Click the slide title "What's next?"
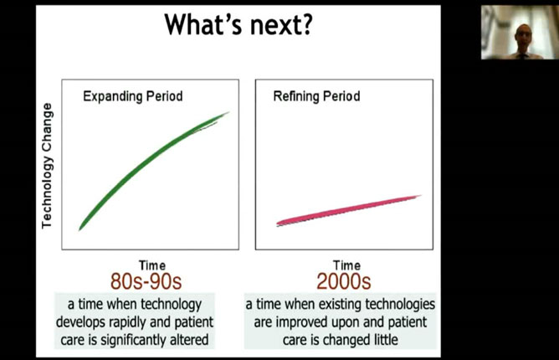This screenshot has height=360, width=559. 238,24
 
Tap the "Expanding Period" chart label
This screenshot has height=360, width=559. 133,96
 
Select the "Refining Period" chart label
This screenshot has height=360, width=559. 316,96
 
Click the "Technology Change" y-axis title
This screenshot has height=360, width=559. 47,166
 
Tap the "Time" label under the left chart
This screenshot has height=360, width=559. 152,265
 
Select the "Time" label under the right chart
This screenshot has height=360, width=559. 346,265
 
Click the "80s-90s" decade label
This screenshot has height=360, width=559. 146,281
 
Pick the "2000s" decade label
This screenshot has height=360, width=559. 344,281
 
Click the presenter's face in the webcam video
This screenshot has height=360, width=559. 523,36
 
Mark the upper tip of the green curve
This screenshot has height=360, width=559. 229,112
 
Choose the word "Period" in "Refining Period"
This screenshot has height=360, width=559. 341,96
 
